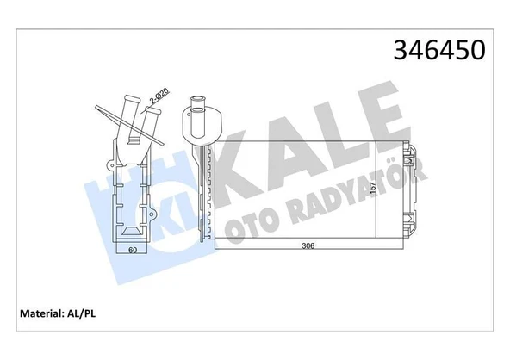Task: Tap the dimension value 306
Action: coord(308,245)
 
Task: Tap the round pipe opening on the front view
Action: coord(196,109)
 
